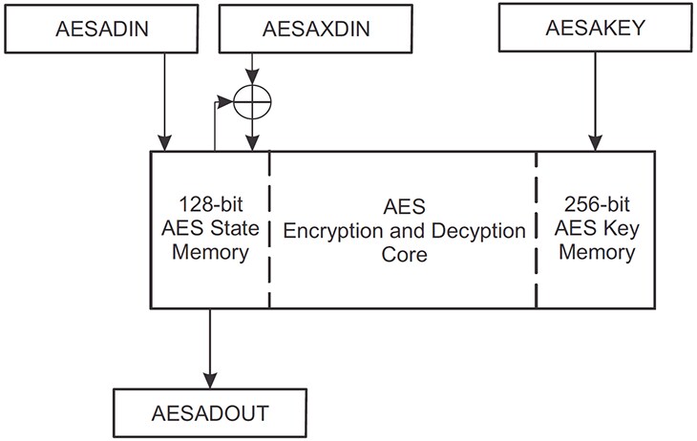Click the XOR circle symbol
click(252, 97)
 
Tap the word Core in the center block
click(402, 256)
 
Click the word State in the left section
click(228, 230)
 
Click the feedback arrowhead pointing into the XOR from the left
click(234, 97)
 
